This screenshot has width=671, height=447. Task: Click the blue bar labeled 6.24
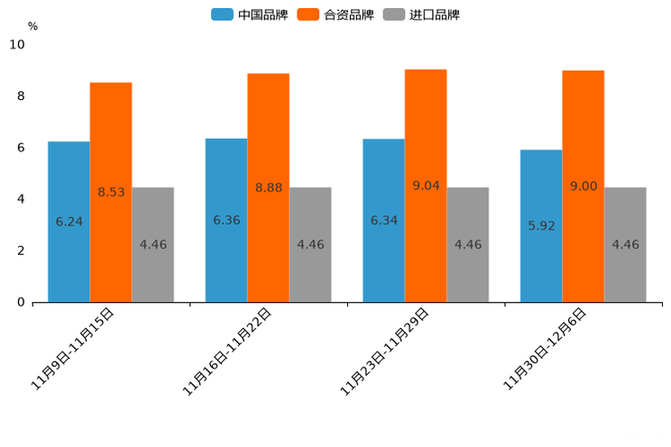pos(69,222)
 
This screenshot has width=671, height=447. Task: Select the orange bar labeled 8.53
pos(111,192)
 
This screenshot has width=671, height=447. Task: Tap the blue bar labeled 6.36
pos(226,220)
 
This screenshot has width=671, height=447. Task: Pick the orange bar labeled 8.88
pos(268,187)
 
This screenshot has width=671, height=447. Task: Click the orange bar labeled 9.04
pos(426,186)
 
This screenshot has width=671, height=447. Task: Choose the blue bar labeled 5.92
pos(541,225)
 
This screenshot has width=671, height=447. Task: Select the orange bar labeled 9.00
pos(584,186)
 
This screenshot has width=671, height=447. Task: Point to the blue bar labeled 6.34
pos(383,220)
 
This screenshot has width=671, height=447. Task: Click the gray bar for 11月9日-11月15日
pos(152,244)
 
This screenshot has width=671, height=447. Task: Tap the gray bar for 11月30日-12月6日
pos(625,244)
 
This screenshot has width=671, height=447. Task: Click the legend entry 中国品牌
pos(250,14)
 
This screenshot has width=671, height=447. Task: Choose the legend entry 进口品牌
pos(422,14)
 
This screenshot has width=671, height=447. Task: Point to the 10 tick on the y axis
pos(17,44)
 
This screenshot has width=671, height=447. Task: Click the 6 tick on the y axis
pos(21,148)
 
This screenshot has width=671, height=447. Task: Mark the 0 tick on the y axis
pos(21,303)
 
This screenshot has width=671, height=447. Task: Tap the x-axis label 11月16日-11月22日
pos(226,351)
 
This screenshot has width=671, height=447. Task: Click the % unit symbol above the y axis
pos(32,26)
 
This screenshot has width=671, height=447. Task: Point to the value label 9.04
pos(426,186)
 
